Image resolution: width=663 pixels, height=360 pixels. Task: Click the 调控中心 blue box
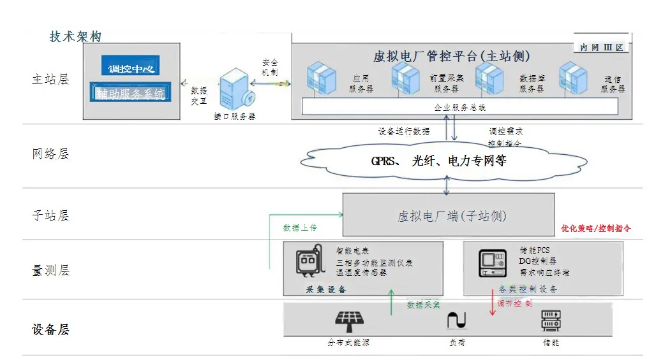click(x=131, y=67)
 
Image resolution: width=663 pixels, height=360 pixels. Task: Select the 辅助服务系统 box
click(x=130, y=94)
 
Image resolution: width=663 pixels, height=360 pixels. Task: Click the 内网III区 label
click(x=602, y=48)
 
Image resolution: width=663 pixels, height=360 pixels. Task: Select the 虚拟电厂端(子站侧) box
click(x=449, y=215)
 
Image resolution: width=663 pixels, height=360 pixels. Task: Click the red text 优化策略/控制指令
click(x=596, y=227)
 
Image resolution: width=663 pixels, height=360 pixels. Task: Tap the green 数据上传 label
click(x=300, y=227)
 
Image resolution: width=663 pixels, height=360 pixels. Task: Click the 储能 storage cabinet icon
click(x=551, y=320)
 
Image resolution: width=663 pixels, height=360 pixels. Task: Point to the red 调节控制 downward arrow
click(x=492, y=302)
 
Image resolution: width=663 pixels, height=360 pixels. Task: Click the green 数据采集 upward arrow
click(x=392, y=302)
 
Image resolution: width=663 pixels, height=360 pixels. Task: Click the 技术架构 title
click(x=75, y=36)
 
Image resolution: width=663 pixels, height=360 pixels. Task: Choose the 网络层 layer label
click(x=50, y=154)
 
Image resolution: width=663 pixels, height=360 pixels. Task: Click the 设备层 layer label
click(x=50, y=329)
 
